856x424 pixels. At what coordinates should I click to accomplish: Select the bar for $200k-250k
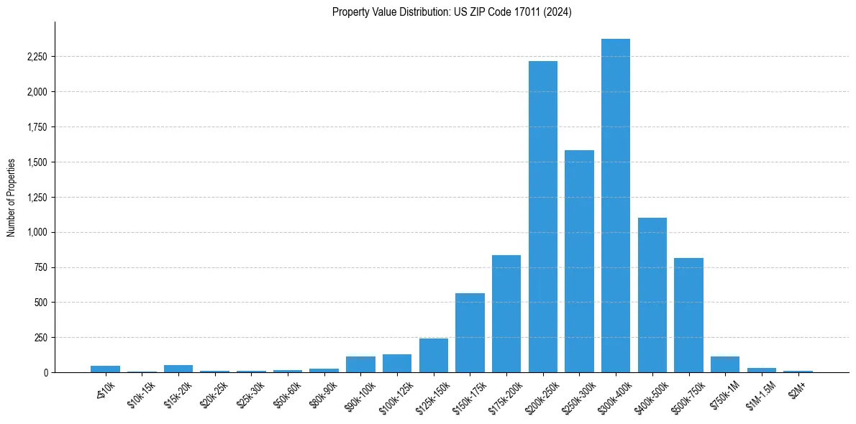542,216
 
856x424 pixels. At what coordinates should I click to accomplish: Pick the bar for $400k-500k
652,295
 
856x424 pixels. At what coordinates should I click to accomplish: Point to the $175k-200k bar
506,313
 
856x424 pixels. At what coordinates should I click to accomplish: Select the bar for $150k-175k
470,333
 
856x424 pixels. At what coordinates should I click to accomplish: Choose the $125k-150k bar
433,355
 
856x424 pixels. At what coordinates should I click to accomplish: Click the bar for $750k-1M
724,364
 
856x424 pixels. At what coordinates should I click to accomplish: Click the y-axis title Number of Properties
12,198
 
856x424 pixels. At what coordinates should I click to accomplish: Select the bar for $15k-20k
178,369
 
